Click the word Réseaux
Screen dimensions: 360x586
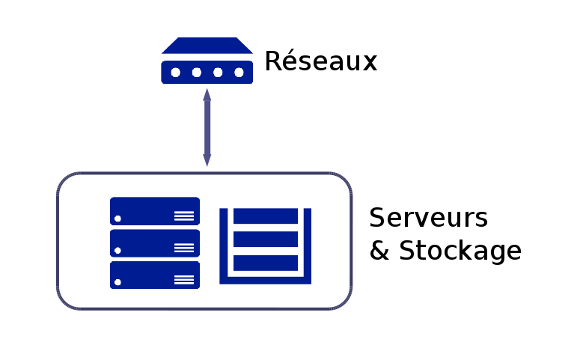pos(320,61)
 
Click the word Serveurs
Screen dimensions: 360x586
pos(428,218)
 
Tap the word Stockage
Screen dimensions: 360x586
pos(460,251)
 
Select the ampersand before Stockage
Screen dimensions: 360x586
pos(379,251)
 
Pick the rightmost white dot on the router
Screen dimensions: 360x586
pos(239,73)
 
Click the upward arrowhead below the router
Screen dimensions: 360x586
pos(207,95)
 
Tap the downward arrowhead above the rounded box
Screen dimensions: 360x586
pos(207,159)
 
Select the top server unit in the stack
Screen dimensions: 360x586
pos(155,210)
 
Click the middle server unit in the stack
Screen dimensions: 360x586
pos(155,242)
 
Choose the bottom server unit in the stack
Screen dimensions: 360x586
pos(155,275)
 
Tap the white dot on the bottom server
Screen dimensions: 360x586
pos(118,282)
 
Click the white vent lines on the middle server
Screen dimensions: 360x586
pos(183,248)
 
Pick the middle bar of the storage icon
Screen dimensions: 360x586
pos(266,240)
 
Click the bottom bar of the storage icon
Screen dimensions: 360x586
pos(266,263)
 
